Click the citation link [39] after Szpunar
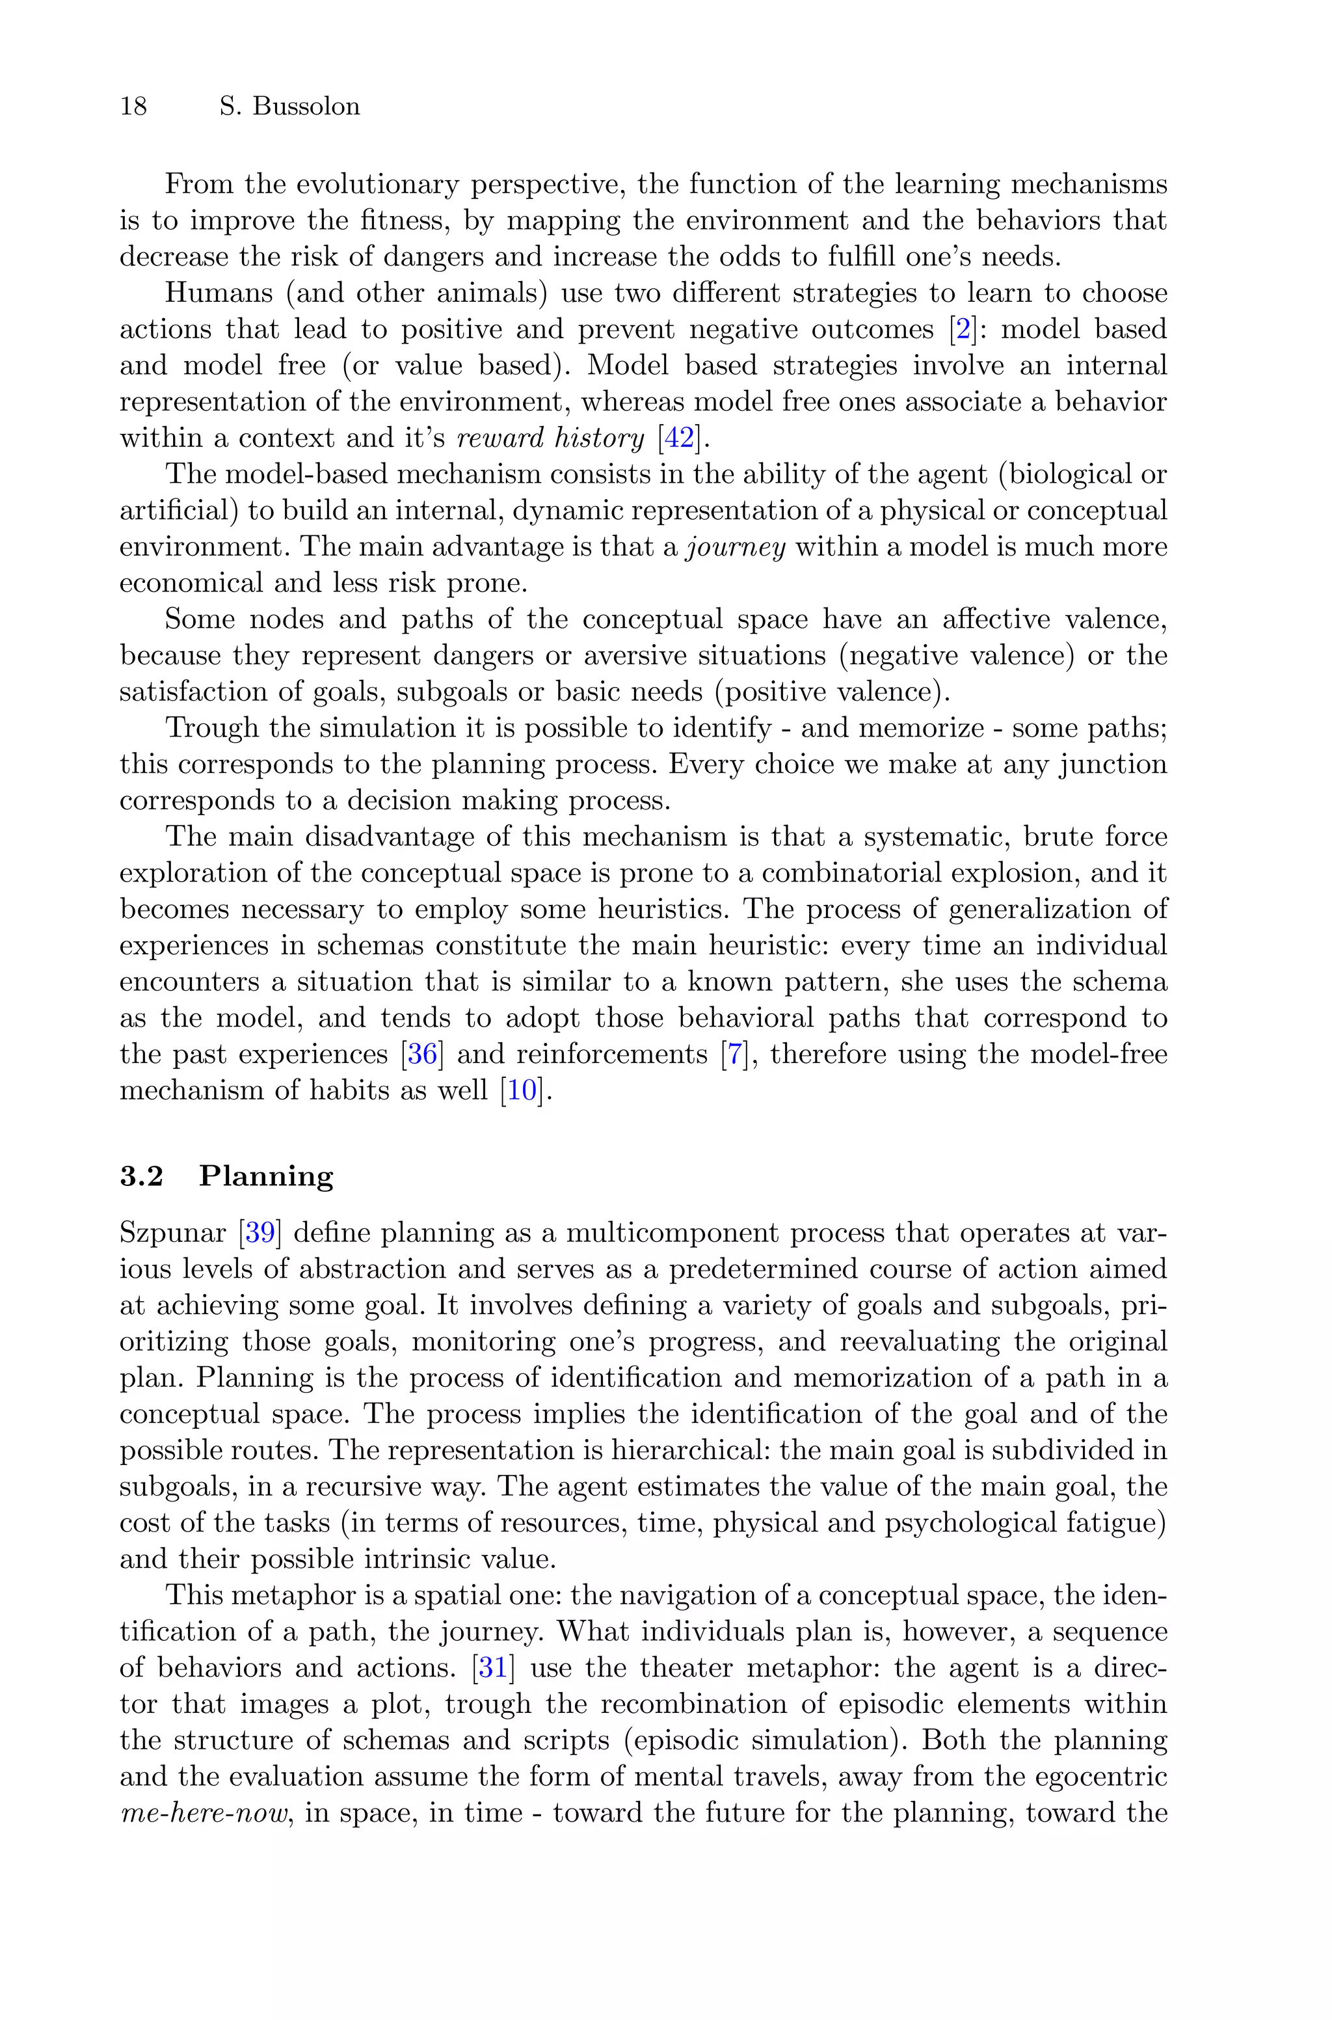[x=259, y=1233]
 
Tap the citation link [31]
[x=494, y=1667]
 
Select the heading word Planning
[x=266, y=1176]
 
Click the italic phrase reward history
[x=550, y=438]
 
